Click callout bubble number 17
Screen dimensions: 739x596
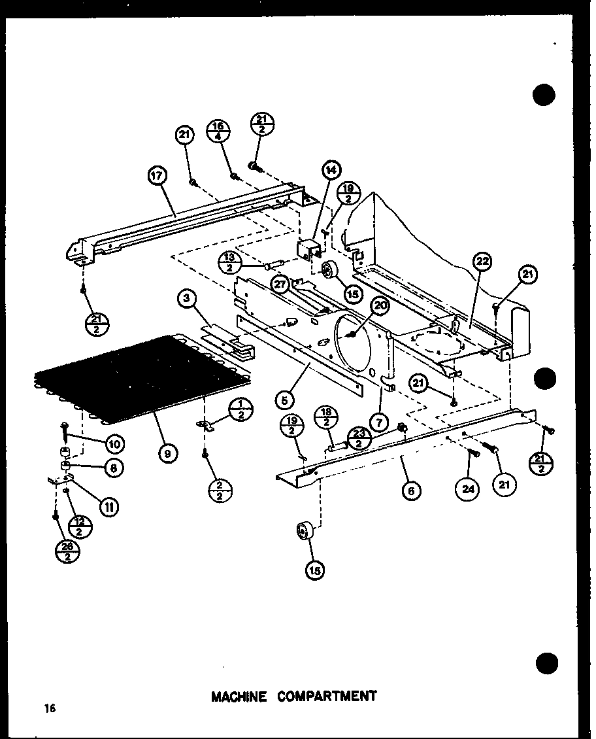158,177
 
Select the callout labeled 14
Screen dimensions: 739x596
331,170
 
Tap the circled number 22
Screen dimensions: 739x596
483,263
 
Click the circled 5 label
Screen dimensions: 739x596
284,398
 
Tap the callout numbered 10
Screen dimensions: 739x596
116,445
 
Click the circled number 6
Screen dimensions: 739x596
411,490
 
